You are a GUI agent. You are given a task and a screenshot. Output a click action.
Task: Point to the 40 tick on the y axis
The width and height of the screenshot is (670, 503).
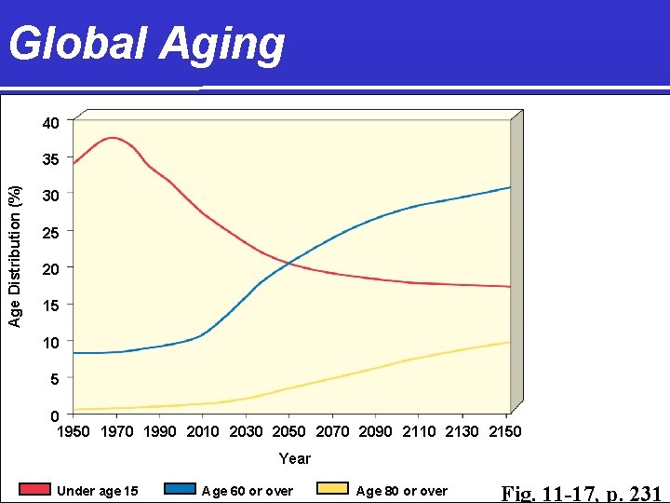[x=50, y=123]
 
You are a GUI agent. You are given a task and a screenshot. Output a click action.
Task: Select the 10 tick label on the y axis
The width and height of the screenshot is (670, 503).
[x=50, y=343]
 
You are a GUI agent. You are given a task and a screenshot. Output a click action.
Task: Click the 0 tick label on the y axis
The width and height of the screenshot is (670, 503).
[x=55, y=415]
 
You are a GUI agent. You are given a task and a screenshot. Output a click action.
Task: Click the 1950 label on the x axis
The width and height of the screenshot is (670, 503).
[x=74, y=431]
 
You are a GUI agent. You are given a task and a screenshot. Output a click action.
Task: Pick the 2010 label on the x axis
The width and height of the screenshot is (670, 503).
[x=203, y=431]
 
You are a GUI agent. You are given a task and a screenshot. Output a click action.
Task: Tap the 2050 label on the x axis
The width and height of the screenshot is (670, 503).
[x=289, y=431]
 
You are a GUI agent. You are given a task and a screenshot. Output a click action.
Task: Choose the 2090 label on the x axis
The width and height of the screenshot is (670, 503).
[x=376, y=431]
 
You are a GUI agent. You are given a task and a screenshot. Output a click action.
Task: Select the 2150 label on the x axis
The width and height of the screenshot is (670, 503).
[x=505, y=431]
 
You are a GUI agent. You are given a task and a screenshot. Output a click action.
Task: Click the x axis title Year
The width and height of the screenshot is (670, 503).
[x=295, y=458]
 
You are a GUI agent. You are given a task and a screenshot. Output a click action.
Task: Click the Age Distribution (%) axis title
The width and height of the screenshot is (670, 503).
[x=15, y=256]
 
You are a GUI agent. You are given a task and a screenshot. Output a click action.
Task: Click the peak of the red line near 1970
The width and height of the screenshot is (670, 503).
[x=114, y=138]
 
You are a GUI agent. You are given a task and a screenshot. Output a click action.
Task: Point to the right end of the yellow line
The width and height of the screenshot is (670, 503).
[x=509, y=342]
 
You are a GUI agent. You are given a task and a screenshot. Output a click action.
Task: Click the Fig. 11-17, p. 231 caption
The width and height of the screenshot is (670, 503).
[x=582, y=493]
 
